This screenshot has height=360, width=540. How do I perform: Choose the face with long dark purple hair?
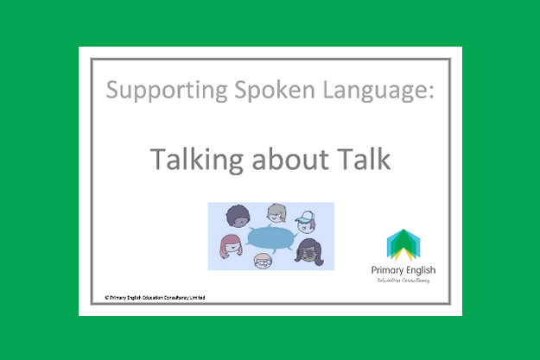pyautogui.click(x=309, y=251)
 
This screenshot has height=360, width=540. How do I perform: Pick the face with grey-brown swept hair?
pyautogui.click(x=276, y=213)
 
